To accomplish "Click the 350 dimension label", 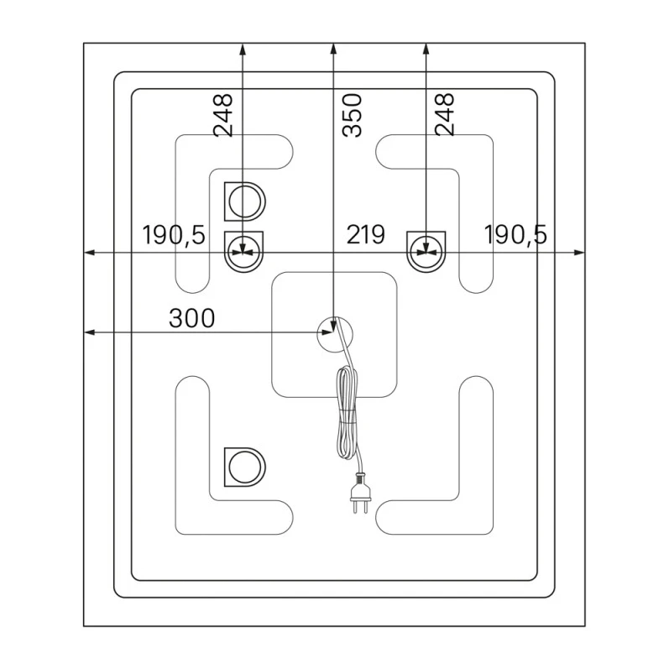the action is point(353,115).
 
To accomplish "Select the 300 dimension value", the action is point(192,318).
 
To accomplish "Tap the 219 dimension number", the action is point(366,235).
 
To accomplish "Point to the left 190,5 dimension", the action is point(174,235).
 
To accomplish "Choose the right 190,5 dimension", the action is point(515,235).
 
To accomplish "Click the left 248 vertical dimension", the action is point(223,115).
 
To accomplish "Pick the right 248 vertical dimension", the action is point(445,114).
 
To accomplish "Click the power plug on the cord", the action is point(361,494).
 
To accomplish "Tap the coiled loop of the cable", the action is point(347,413).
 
